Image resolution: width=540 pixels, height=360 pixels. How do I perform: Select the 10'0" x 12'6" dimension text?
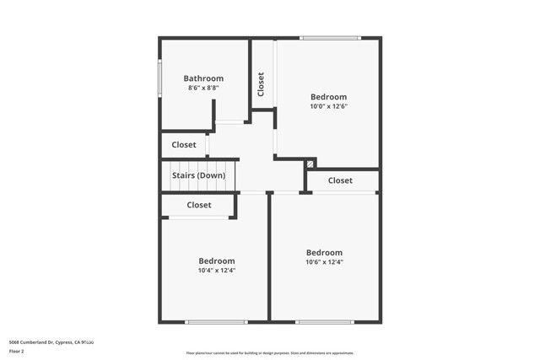coord(328,106)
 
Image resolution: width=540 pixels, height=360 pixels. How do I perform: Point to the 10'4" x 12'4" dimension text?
coord(217,271)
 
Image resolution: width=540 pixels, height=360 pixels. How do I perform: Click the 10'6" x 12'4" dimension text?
coord(324,262)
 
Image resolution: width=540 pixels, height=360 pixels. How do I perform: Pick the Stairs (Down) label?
coord(198,175)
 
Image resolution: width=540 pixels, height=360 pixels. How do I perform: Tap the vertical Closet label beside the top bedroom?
coord(262,83)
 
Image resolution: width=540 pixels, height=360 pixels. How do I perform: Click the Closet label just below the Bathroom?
coord(184,145)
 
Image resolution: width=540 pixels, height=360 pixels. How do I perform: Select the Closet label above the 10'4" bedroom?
coord(199,205)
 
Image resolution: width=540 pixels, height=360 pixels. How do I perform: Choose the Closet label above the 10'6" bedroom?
coord(340,180)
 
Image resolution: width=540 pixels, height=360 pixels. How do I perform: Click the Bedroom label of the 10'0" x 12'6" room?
coord(328,97)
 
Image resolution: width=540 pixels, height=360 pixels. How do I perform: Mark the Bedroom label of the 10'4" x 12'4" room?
coord(217,261)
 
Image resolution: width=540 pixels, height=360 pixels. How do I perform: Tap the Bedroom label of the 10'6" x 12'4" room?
coord(324,253)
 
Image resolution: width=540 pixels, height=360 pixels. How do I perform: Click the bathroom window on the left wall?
coord(160,78)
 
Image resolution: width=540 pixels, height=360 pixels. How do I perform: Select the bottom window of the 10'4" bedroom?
coord(216,322)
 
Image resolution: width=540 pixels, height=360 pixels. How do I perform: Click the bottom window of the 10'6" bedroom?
coord(324,322)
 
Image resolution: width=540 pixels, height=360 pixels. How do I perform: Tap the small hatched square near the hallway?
coord(310,164)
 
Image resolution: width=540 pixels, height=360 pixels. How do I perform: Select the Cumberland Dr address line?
coord(51,341)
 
